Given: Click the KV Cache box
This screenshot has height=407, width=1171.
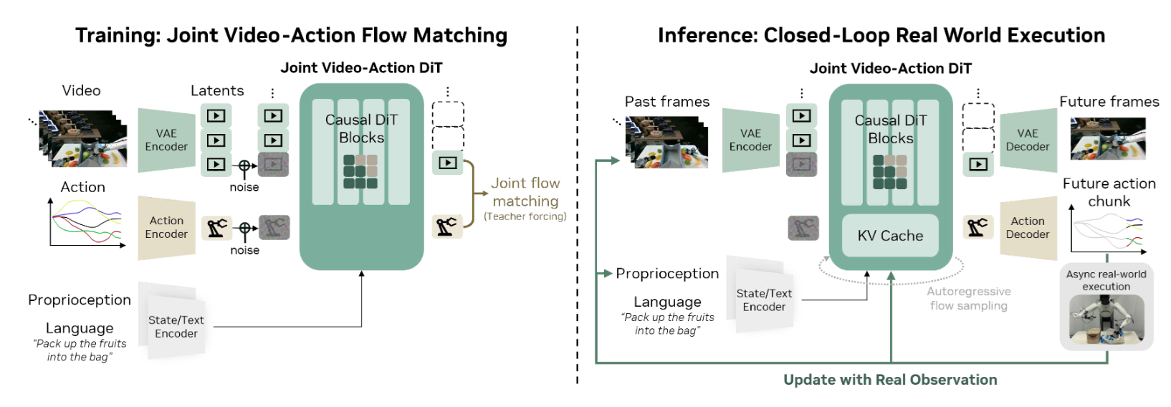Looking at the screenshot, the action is coord(890,236).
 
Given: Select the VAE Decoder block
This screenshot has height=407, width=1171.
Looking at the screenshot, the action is coord(1028,140).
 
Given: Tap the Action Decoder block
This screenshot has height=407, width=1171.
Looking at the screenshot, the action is coord(1028,228).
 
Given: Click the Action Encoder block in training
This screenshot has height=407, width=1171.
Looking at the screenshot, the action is coord(166,228).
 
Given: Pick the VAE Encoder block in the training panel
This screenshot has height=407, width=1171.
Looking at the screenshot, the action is coord(166,140).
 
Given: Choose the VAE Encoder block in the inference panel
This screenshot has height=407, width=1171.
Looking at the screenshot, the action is coord(751,140).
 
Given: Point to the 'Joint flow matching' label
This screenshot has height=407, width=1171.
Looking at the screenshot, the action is coord(525,192).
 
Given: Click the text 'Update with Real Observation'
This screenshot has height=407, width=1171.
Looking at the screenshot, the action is coord(890,380).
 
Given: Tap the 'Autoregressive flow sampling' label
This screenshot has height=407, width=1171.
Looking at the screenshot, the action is coord(969,298).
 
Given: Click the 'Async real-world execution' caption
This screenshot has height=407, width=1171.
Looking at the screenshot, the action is coord(1107,280).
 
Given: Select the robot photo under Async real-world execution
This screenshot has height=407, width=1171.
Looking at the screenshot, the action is coord(1107,320).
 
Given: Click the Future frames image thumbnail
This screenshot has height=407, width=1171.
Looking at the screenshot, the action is coord(1108,138).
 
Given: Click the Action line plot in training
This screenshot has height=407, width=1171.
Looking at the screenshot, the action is coord(87,223).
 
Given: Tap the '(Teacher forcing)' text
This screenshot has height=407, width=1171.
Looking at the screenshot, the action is coord(525,216).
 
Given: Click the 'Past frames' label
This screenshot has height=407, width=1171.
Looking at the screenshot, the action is coord(667,101).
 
